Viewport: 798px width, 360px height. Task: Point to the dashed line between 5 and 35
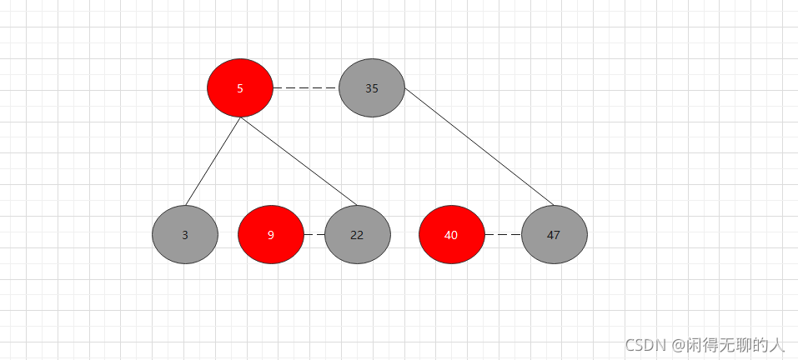click(306, 87)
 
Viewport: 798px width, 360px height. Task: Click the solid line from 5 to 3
click(213, 162)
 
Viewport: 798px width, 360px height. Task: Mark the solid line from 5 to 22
click(299, 162)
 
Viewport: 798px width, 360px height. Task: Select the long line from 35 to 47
click(479, 146)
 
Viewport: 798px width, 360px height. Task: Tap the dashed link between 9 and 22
click(314, 235)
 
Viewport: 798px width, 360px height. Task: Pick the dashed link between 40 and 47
click(503, 235)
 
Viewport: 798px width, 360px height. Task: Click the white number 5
click(240, 88)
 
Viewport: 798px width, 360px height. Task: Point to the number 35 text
click(372, 88)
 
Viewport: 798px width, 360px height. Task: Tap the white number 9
click(271, 235)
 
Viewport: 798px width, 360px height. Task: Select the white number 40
click(451, 235)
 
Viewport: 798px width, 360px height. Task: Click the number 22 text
click(357, 235)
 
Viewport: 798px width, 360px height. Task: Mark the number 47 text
click(554, 235)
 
